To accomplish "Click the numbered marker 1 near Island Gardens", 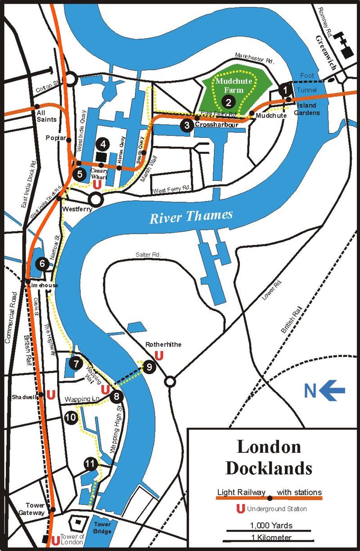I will [x=284, y=90].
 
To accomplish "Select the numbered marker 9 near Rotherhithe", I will [x=149, y=367].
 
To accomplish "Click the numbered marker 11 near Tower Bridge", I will [x=90, y=464].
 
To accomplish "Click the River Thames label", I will [x=191, y=217].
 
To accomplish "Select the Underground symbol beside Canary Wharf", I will [x=96, y=184].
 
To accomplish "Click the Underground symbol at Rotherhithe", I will [x=158, y=356].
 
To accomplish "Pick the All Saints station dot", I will [x=36, y=107].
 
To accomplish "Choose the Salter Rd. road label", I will [x=148, y=255].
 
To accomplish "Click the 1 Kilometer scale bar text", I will [x=271, y=537].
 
